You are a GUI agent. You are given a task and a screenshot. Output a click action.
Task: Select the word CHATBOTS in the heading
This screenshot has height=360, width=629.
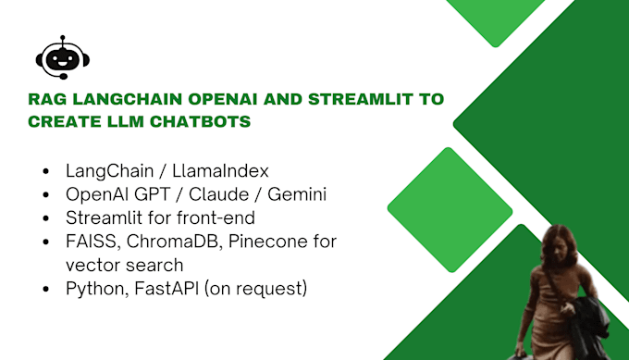click(215, 122)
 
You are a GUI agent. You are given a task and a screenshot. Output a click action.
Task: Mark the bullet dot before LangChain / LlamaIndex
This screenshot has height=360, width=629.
click(47, 172)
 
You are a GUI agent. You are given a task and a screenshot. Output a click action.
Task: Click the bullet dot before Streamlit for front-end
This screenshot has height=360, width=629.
click(47, 218)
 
